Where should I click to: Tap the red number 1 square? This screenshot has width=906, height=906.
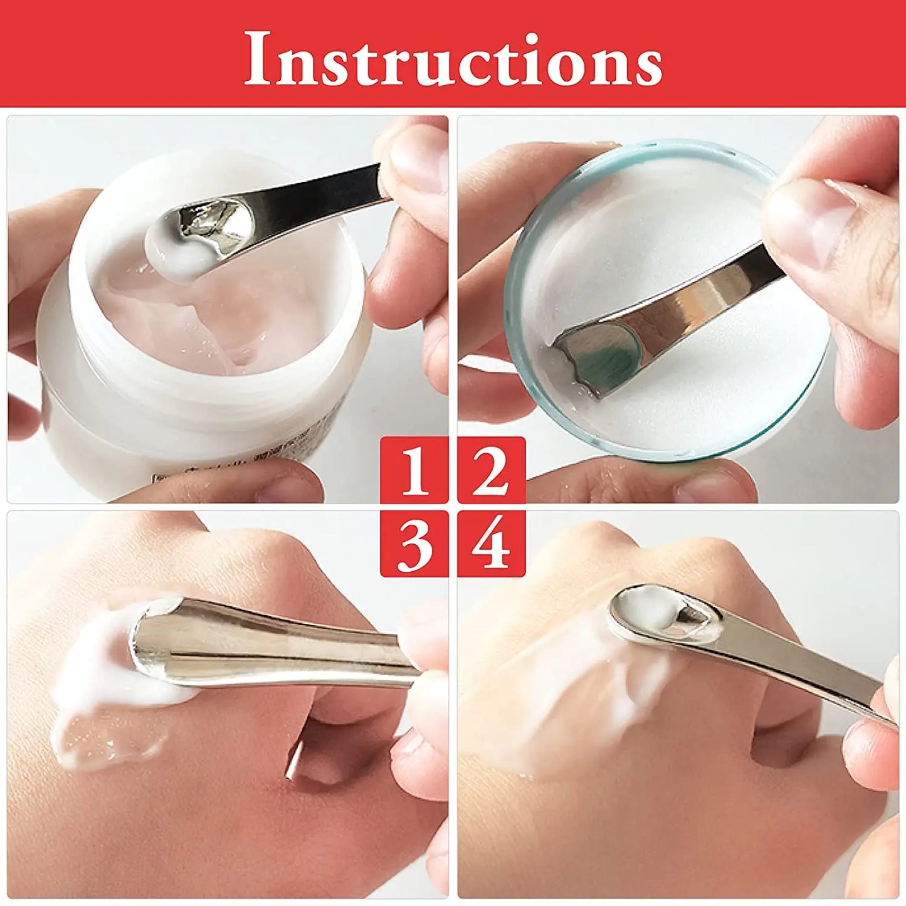click(x=414, y=470)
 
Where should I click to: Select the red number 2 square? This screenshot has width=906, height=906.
click(x=492, y=470)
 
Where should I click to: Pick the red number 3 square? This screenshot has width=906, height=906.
click(x=414, y=544)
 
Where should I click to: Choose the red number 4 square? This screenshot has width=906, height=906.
click(x=492, y=544)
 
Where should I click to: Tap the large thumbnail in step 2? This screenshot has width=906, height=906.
click(x=809, y=219)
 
